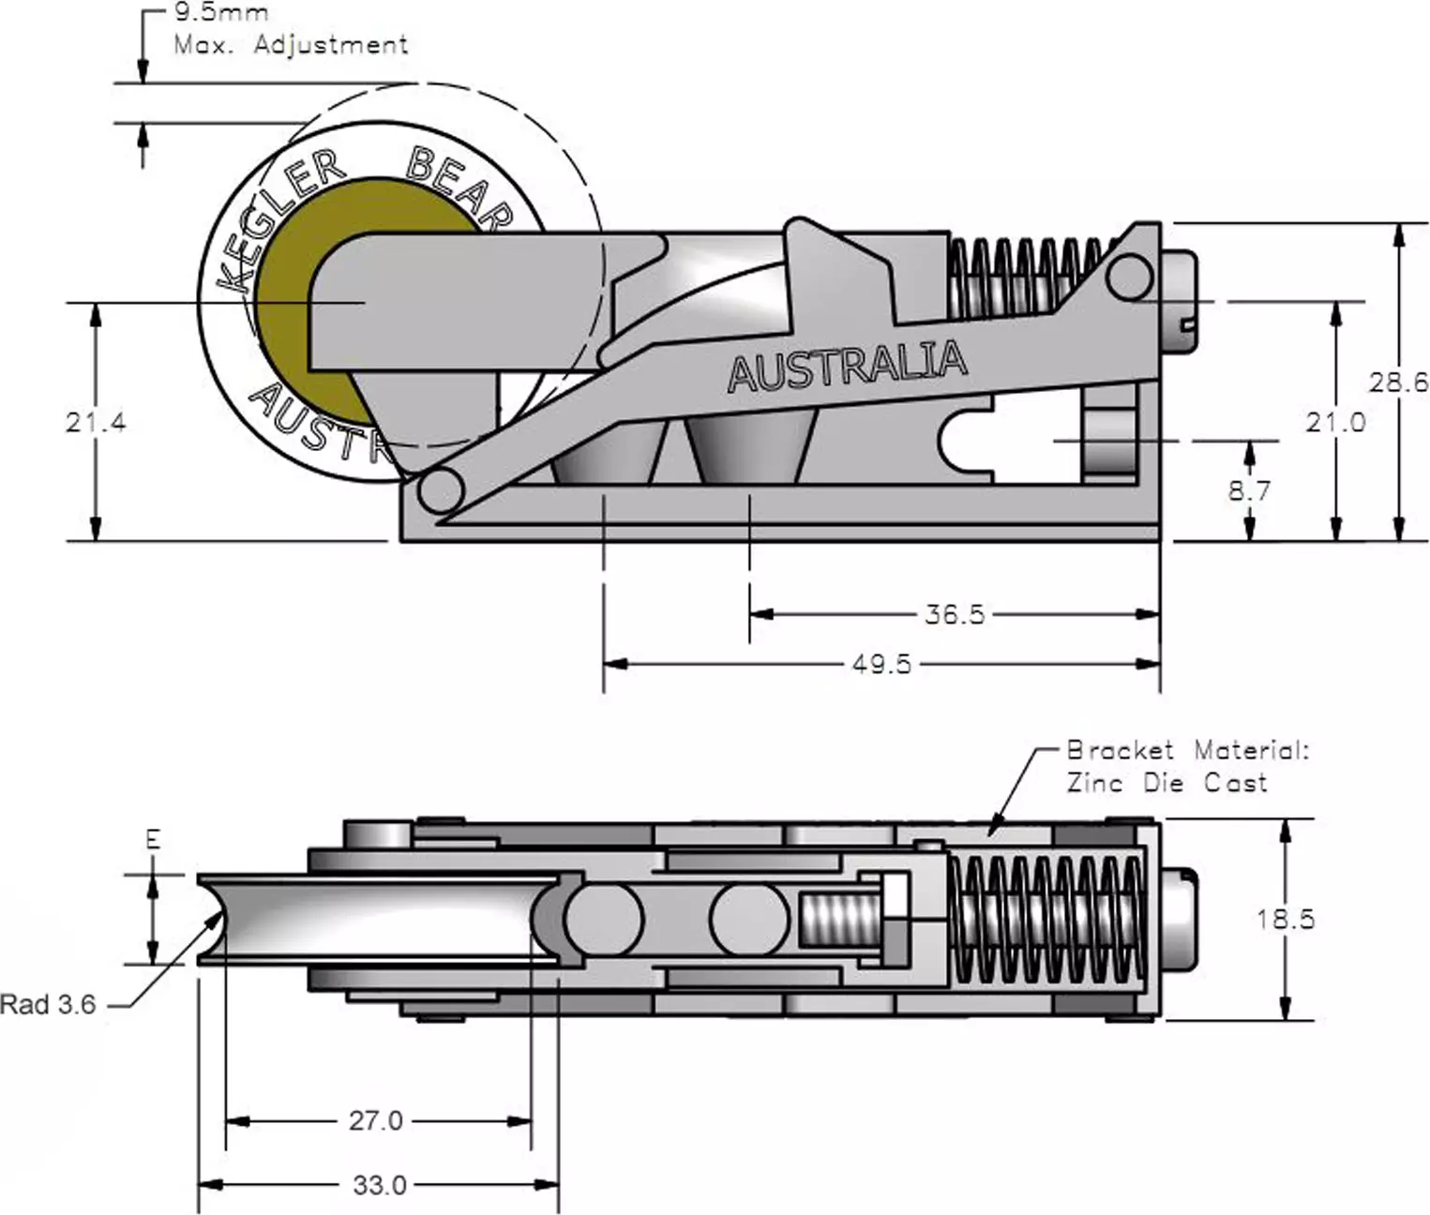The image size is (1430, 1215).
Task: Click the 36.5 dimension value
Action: pyautogui.click(x=955, y=614)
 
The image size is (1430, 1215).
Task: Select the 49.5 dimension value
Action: pyautogui.click(x=881, y=664)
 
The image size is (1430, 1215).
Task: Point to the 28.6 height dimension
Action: pyautogui.click(x=1398, y=382)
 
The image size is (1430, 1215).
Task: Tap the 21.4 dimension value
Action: pyautogui.click(x=96, y=422)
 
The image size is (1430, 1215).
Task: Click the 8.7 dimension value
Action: pyautogui.click(x=1249, y=489)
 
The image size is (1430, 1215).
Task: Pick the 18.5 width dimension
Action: pyautogui.click(x=1286, y=919)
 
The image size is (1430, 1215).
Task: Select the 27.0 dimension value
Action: pyautogui.click(x=376, y=1120)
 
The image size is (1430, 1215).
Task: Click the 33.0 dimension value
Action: pyautogui.click(x=380, y=1185)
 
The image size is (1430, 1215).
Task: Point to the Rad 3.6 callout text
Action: pyautogui.click(x=48, y=1005)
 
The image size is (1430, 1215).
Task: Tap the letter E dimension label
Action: pyautogui.click(x=153, y=839)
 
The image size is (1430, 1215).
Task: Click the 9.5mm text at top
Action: pyautogui.click(x=220, y=13)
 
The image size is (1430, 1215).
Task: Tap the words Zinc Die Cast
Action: pyautogui.click(x=1167, y=782)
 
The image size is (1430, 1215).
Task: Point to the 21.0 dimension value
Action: pyautogui.click(x=1335, y=422)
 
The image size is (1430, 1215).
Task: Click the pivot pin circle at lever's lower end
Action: pyautogui.click(x=440, y=489)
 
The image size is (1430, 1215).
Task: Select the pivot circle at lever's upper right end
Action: pyautogui.click(x=1128, y=276)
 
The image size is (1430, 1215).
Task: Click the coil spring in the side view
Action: pyautogui.click(x=1027, y=277)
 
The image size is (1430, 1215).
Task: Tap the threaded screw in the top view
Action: pyautogui.click(x=841, y=919)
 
